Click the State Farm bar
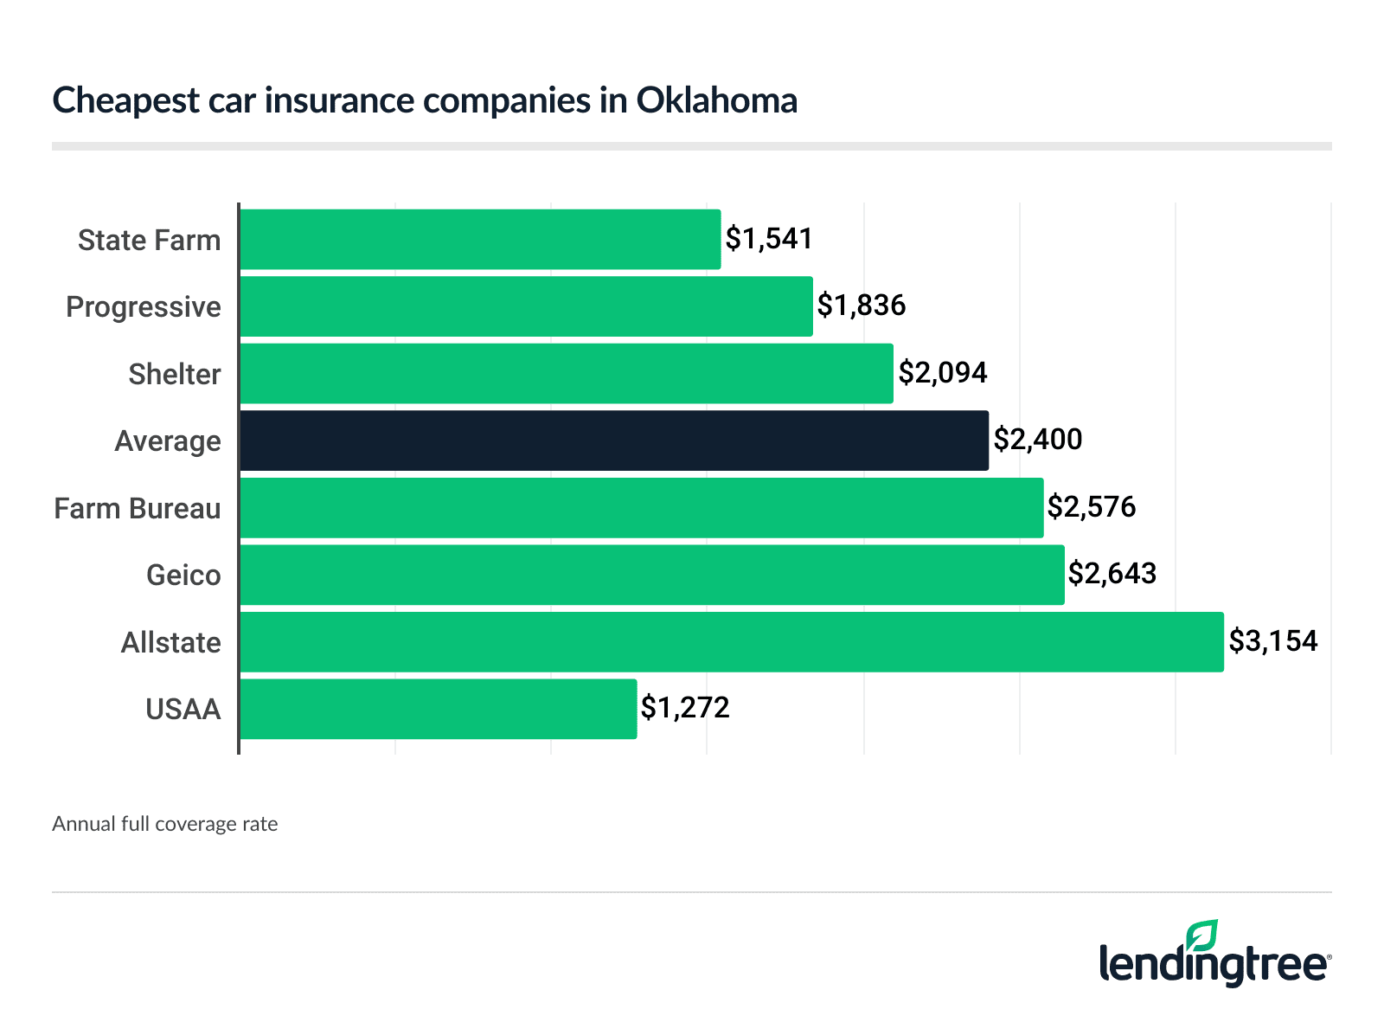point(480,239)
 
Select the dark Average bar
point(614,440)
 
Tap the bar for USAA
point(438,709)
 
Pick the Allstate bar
point(732,642)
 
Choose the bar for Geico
point(652,575)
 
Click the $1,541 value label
point(769,239)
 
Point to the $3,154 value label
point(1273,641)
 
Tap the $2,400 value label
point(1037,440)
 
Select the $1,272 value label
point(685,708)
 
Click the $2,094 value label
point(943,373)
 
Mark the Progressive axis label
point(144,307)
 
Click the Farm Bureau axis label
point(138,508)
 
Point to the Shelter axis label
point(175,374)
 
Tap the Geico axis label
point(183,576)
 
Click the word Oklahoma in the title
point(717,100)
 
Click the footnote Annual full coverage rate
point(165,824)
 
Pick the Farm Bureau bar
point(642,508)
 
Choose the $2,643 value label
point(1112,574)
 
